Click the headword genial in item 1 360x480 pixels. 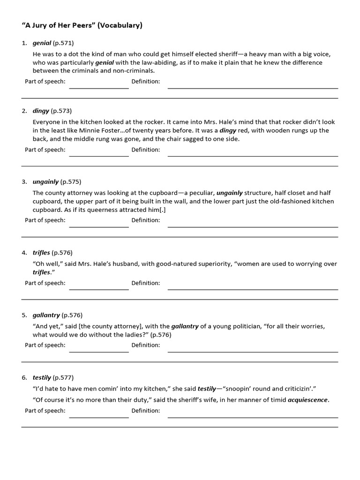click(x=42, y=43)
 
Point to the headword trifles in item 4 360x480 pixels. click(x=41, y=253)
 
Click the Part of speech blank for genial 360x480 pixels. click(x=99, y=84)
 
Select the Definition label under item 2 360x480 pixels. click(x=145, y=150)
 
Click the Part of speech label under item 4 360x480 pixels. click(x=45, y=283)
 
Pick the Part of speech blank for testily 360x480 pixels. click(x=99, y=414)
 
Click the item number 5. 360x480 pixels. click(x=24, y=315)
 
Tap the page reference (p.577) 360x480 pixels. click(x=63, y=377)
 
